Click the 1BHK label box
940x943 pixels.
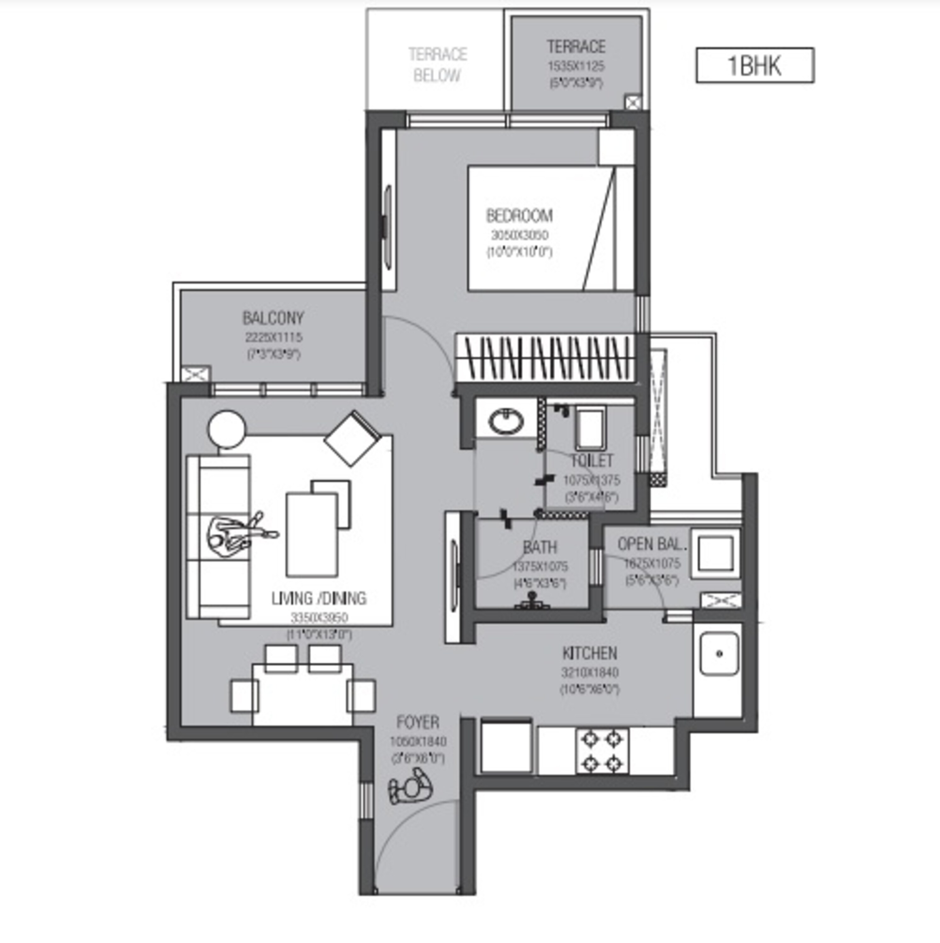[754, 65]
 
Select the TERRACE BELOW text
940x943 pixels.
[437, 64]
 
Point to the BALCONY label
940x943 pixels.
[273, 318]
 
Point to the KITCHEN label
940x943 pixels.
[589, 653]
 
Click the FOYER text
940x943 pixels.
[418, 722]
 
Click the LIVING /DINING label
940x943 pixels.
[319, 598]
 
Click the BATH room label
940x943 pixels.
[540, 548]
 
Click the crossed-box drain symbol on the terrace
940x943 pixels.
[633, 102]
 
